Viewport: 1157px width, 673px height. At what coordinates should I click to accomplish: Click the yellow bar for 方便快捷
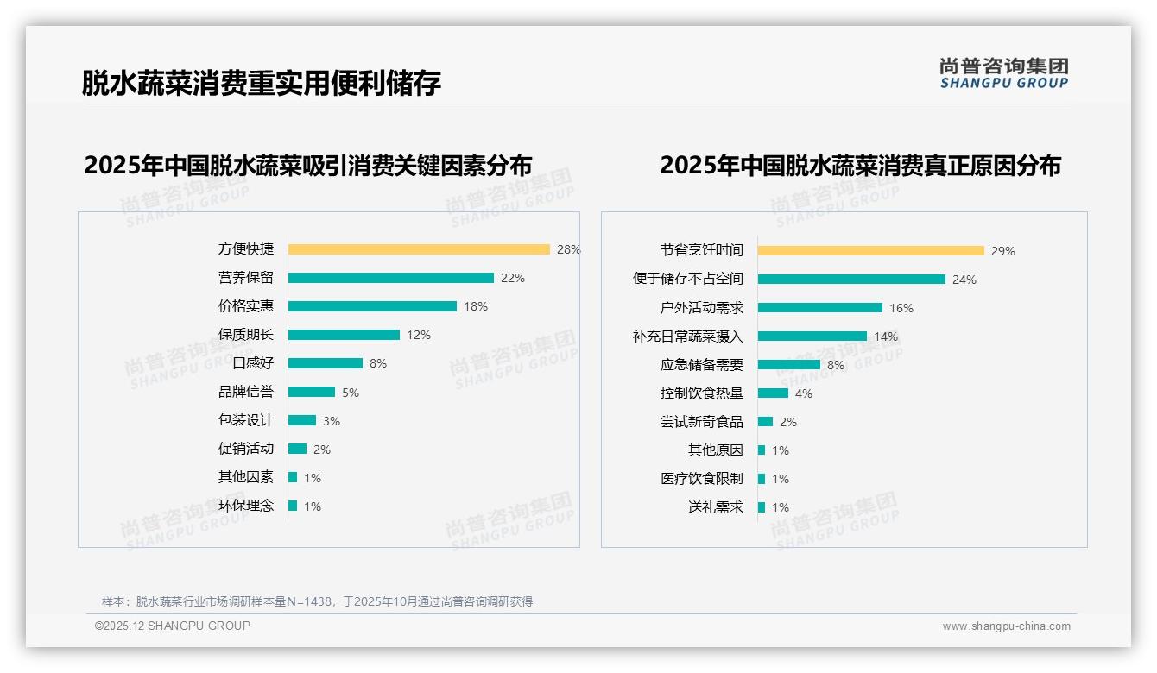[419, 249]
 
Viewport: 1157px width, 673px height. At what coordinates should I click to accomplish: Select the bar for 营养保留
[390, 278]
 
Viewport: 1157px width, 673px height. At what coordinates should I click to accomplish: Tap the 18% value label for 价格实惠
[476, 306]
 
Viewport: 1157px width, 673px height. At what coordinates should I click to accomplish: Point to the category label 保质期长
[245, 335]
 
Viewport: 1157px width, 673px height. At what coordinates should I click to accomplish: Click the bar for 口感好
[325, 363]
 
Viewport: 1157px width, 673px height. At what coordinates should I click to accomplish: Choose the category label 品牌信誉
[245, 392]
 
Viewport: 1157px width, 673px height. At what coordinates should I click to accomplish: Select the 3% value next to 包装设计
[332, 421]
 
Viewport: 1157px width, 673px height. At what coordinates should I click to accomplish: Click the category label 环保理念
[245, 506]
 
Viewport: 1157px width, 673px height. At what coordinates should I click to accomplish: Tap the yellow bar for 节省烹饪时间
[870, 251]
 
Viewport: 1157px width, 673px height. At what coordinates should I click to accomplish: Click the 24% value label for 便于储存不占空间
[964, 280]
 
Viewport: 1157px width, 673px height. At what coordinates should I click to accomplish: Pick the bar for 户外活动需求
[819, 308]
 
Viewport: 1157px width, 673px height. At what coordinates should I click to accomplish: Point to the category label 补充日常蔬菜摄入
[687, 336]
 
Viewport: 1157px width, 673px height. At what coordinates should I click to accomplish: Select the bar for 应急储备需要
[788, 365]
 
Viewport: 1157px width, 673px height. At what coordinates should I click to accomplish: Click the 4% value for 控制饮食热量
[804, 393]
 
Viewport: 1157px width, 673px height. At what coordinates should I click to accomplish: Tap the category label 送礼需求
[715, 507]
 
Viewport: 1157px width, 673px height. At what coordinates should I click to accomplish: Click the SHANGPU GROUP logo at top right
[1003, 73]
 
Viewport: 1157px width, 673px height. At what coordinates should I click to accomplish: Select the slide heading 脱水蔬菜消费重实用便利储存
[262, 83]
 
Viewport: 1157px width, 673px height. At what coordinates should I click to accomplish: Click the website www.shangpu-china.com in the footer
[1006, 626]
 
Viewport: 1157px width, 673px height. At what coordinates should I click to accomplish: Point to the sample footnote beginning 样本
[317, 601]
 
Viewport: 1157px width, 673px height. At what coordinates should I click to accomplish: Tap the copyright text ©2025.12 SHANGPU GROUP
[173, 626]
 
